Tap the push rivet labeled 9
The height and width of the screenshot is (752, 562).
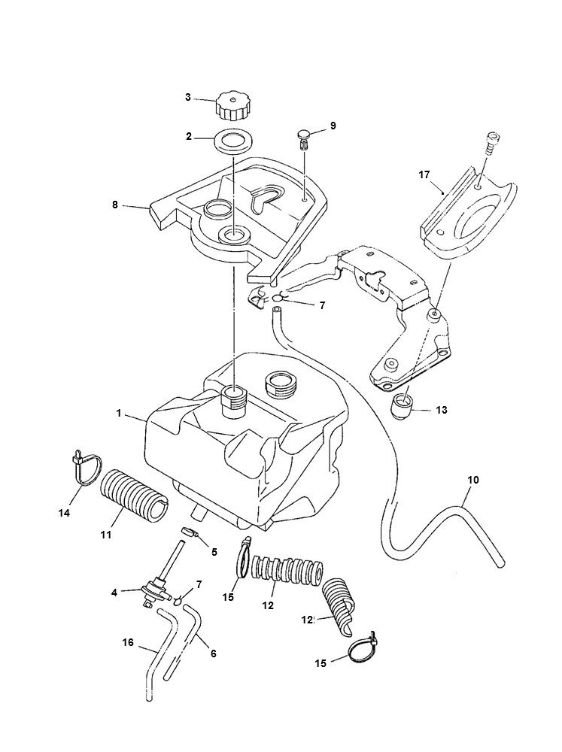303,136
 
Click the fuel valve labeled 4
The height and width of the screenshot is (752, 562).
154,590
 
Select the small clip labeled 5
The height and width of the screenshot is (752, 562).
191,535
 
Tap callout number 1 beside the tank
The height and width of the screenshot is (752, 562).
119,414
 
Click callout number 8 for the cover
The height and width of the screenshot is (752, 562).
115,205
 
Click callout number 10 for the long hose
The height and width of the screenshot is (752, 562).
472,480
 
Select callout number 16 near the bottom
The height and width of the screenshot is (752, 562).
128,642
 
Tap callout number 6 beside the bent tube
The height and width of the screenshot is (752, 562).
213,653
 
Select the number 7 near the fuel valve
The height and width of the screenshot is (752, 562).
199,584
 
